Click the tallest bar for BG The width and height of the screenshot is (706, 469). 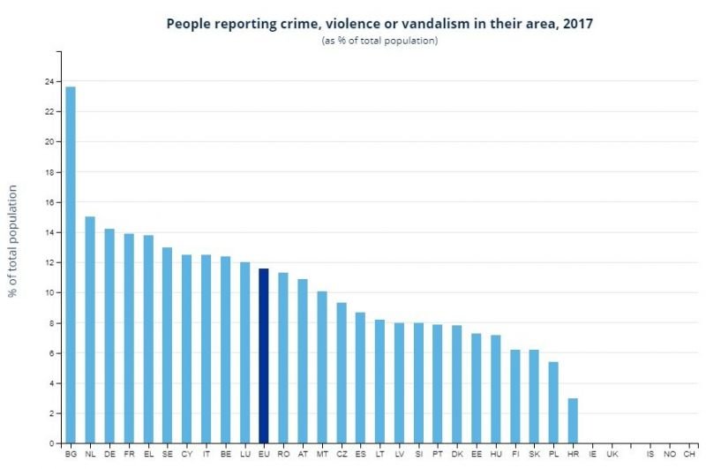click(x=71, y=265)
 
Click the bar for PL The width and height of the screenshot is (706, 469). click(x=553, y=403)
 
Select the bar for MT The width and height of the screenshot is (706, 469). click(x=322, y=367)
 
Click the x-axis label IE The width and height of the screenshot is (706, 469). click(x=592, y=454)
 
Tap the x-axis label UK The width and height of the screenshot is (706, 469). click(x=612, y=454)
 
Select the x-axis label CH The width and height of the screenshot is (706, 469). click(x=689, y=454)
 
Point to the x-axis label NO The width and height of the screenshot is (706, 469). click(x=670, y=454)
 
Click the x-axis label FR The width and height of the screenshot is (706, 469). click(x=129, y=454)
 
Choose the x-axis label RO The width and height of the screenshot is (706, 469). click(x=283, y=454)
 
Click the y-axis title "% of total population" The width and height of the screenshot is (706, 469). click(x=13, y=241)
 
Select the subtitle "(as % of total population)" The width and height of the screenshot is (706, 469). click(x=379, y=41)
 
